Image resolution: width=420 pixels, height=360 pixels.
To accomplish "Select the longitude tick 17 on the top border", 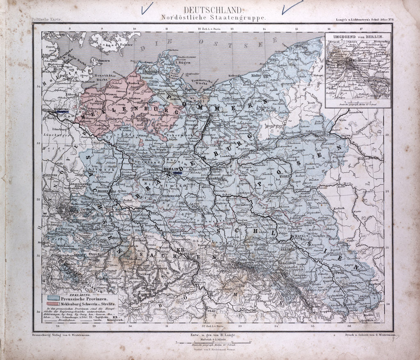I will click(x=361, y=29).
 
